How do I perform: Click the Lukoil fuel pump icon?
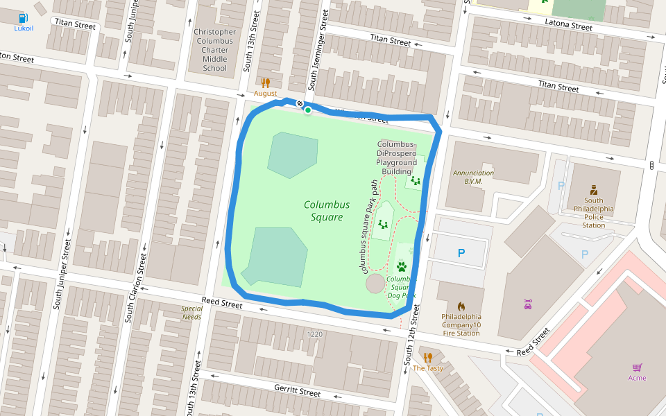point(23,17)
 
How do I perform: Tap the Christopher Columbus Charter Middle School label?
point(214,50)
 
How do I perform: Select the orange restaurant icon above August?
point(265,83)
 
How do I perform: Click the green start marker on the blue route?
point(307,110)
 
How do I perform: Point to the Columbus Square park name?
point(326,211)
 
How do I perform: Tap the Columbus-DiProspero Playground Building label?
point(397,157)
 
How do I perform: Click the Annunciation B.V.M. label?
point(473,177)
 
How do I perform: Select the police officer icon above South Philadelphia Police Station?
point(593,189)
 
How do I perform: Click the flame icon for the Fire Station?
point(461,306)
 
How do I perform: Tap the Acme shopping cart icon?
point(637,367)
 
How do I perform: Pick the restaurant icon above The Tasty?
point(427,358)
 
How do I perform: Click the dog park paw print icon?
point(402,266)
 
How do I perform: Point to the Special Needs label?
point(191,313)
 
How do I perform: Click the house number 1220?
point(315,334)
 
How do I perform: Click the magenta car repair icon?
point(528,303)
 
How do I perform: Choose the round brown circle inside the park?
point(375,284)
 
